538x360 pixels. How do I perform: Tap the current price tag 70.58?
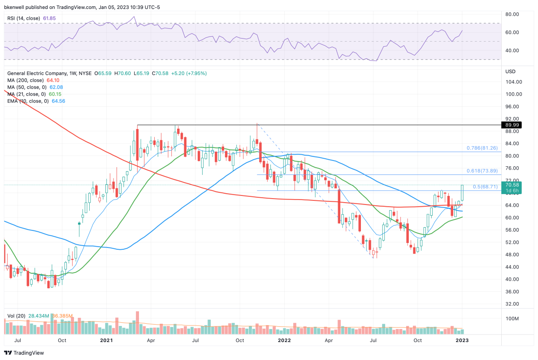[512, 185]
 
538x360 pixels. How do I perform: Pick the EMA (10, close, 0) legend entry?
[28, 101]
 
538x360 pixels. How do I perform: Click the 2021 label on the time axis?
[106, 340]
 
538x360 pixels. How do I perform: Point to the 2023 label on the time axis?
[462, 340]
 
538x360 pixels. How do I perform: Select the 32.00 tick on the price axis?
[512, 304]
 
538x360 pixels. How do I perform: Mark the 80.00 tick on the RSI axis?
[512, 14]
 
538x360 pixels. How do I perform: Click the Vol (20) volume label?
[17, 316]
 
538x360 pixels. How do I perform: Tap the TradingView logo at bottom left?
[25, 353]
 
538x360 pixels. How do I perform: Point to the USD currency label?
[510, 72]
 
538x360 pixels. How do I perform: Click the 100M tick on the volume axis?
[512, 318]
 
